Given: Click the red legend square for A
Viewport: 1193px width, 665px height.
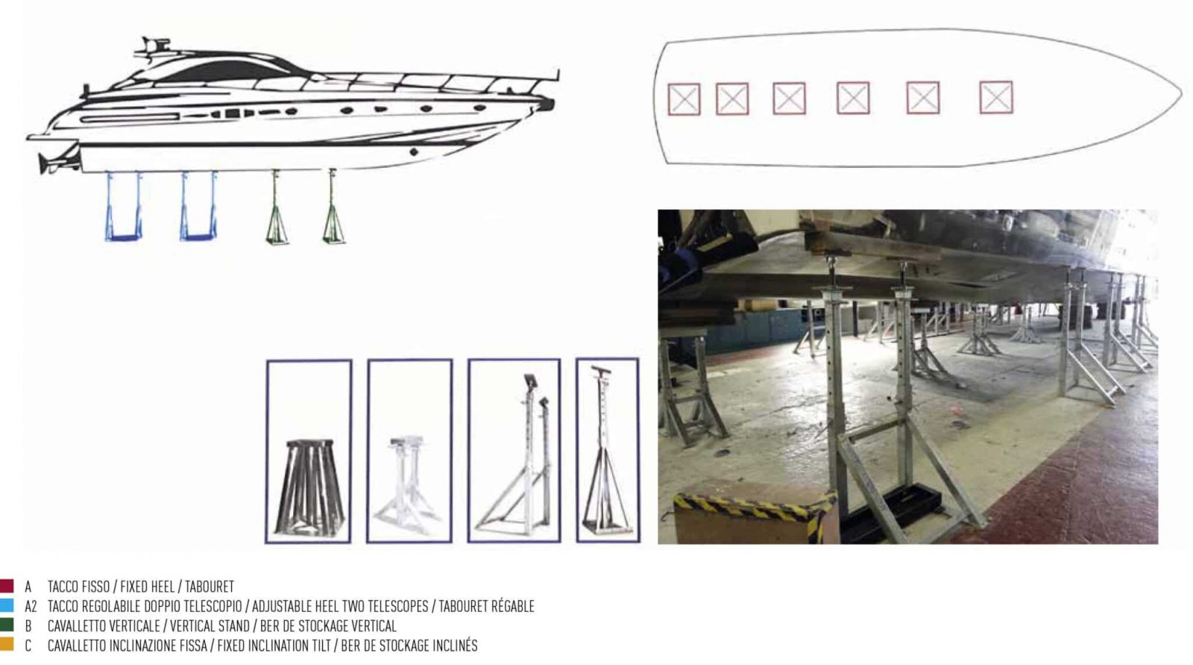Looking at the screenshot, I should pos(7,586).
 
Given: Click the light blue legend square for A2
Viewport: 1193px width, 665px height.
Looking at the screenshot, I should pos(7,605).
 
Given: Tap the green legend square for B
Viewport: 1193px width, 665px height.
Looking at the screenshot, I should pos(7,625).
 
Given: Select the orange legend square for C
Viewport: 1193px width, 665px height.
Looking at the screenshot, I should pos(7,645).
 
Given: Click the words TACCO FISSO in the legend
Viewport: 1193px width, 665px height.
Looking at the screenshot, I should pos(78,587).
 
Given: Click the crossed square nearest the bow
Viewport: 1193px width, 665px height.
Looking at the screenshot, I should pos(995,98).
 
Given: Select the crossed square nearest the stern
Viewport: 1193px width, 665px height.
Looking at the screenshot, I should pos(684,99).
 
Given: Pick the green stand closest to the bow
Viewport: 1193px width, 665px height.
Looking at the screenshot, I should pos(333,209).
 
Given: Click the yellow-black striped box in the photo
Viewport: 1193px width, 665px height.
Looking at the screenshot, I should pos(753,515).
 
